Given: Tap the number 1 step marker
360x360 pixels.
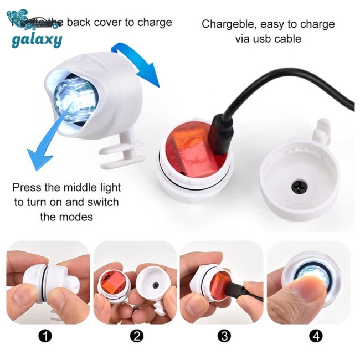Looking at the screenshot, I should (x=46, y=336).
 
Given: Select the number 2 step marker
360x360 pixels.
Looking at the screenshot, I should (x=137, y=336).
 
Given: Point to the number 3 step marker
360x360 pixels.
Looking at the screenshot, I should (x=224, y=336).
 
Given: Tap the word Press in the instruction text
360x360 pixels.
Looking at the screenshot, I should (x=27, y=187).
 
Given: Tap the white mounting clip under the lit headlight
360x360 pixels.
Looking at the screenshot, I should (x=119, y=156).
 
